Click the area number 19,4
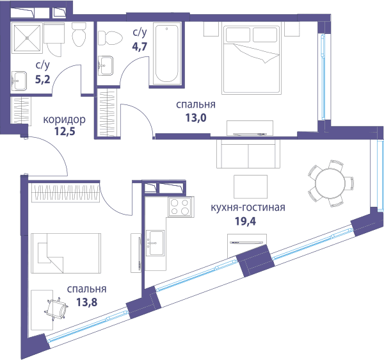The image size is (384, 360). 245,221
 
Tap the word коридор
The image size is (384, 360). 65,120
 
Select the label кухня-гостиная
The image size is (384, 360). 248,208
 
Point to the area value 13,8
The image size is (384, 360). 86,302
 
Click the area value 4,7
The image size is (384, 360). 140,46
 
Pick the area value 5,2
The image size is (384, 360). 43,79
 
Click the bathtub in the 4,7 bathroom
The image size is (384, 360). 167,54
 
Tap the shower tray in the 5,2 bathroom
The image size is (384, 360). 27,38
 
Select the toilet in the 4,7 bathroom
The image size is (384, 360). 110,38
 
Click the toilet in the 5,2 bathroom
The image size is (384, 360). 79,35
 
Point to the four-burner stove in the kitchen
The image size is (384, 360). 180,207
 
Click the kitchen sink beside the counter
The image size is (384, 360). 155,243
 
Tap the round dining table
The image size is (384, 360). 330,183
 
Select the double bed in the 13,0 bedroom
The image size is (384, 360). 252,58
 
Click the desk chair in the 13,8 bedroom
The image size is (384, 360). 56,309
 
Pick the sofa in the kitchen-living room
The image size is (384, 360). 248,154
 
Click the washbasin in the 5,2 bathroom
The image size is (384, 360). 19,81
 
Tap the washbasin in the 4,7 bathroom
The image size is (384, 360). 106,65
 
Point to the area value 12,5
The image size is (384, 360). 65,131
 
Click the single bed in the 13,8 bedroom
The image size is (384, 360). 66,253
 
